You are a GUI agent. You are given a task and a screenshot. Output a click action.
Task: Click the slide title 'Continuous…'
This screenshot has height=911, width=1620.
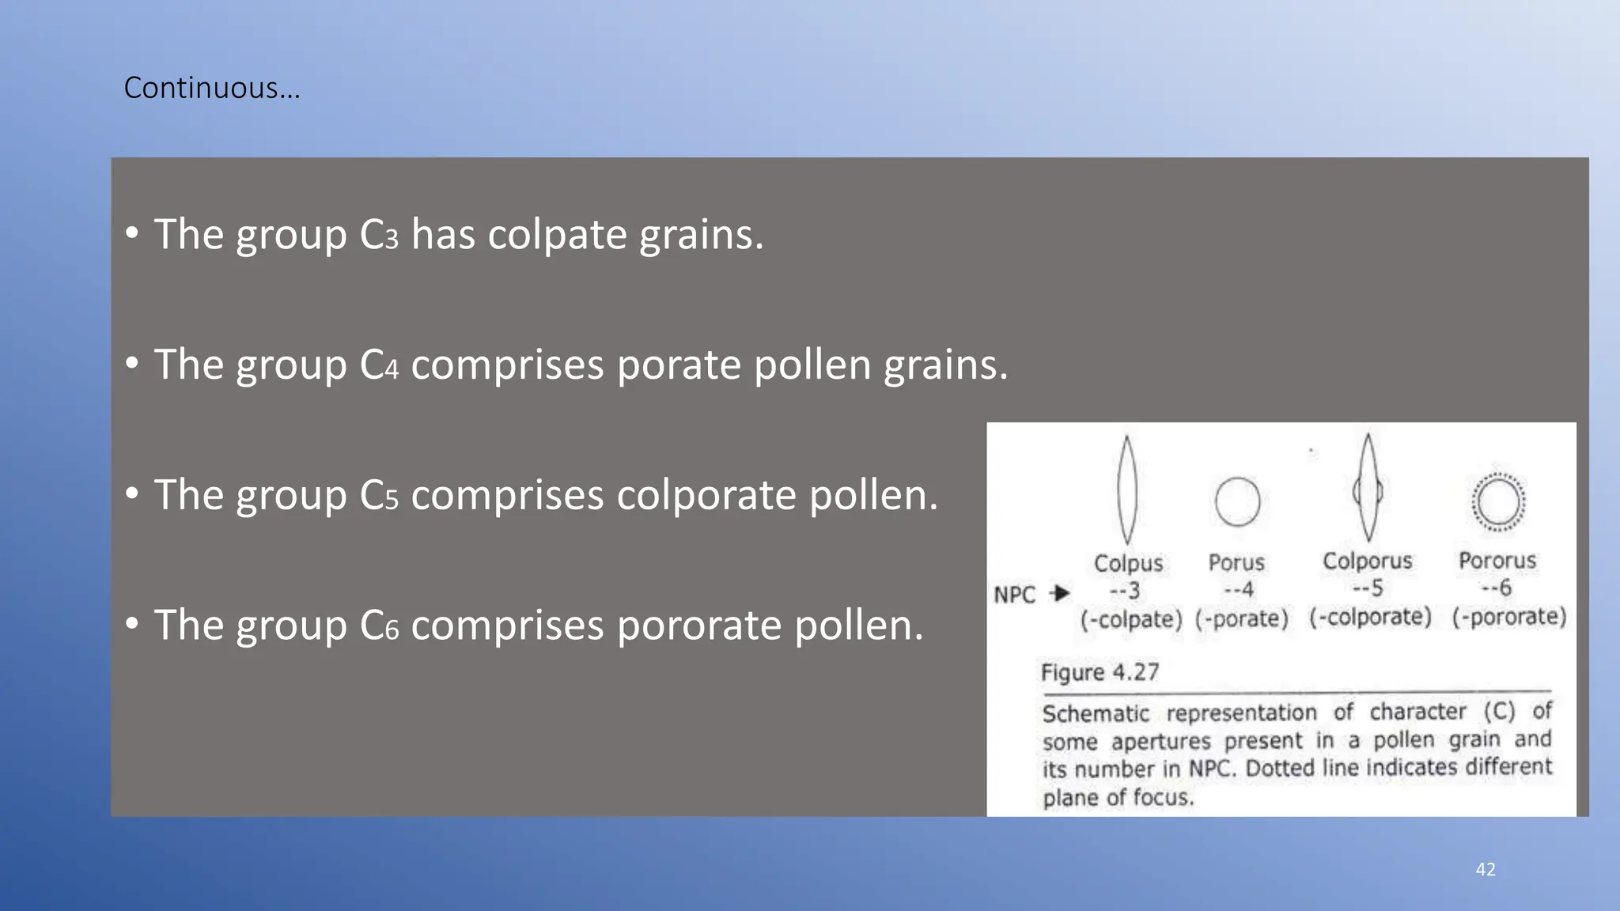212,88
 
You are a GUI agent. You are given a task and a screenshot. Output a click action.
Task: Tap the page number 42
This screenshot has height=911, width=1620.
1486,869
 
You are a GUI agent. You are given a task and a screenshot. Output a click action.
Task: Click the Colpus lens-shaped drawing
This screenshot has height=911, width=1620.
1127,490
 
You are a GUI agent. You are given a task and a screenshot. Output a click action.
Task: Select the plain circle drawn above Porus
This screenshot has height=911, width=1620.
1237,501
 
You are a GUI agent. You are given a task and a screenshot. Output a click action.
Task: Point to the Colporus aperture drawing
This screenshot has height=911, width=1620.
1368,489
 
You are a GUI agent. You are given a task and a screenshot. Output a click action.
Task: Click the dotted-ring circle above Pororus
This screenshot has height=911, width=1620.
1497,501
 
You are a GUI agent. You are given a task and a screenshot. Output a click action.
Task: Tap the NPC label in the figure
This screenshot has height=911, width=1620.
1014,595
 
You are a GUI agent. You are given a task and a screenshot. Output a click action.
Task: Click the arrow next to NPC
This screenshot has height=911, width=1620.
1060,593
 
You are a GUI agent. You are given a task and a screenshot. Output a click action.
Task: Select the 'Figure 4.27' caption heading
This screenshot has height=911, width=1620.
1100,672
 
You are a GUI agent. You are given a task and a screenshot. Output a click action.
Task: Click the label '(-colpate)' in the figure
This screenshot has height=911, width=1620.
1131,618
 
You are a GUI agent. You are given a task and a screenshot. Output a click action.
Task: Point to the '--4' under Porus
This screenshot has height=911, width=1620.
1238,590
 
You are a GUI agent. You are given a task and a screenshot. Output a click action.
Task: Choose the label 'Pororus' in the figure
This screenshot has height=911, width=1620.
1497,561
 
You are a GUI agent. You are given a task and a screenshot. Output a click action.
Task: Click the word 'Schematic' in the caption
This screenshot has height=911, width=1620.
1096,713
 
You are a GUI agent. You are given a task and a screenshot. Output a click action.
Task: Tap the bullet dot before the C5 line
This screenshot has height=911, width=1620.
132,493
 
